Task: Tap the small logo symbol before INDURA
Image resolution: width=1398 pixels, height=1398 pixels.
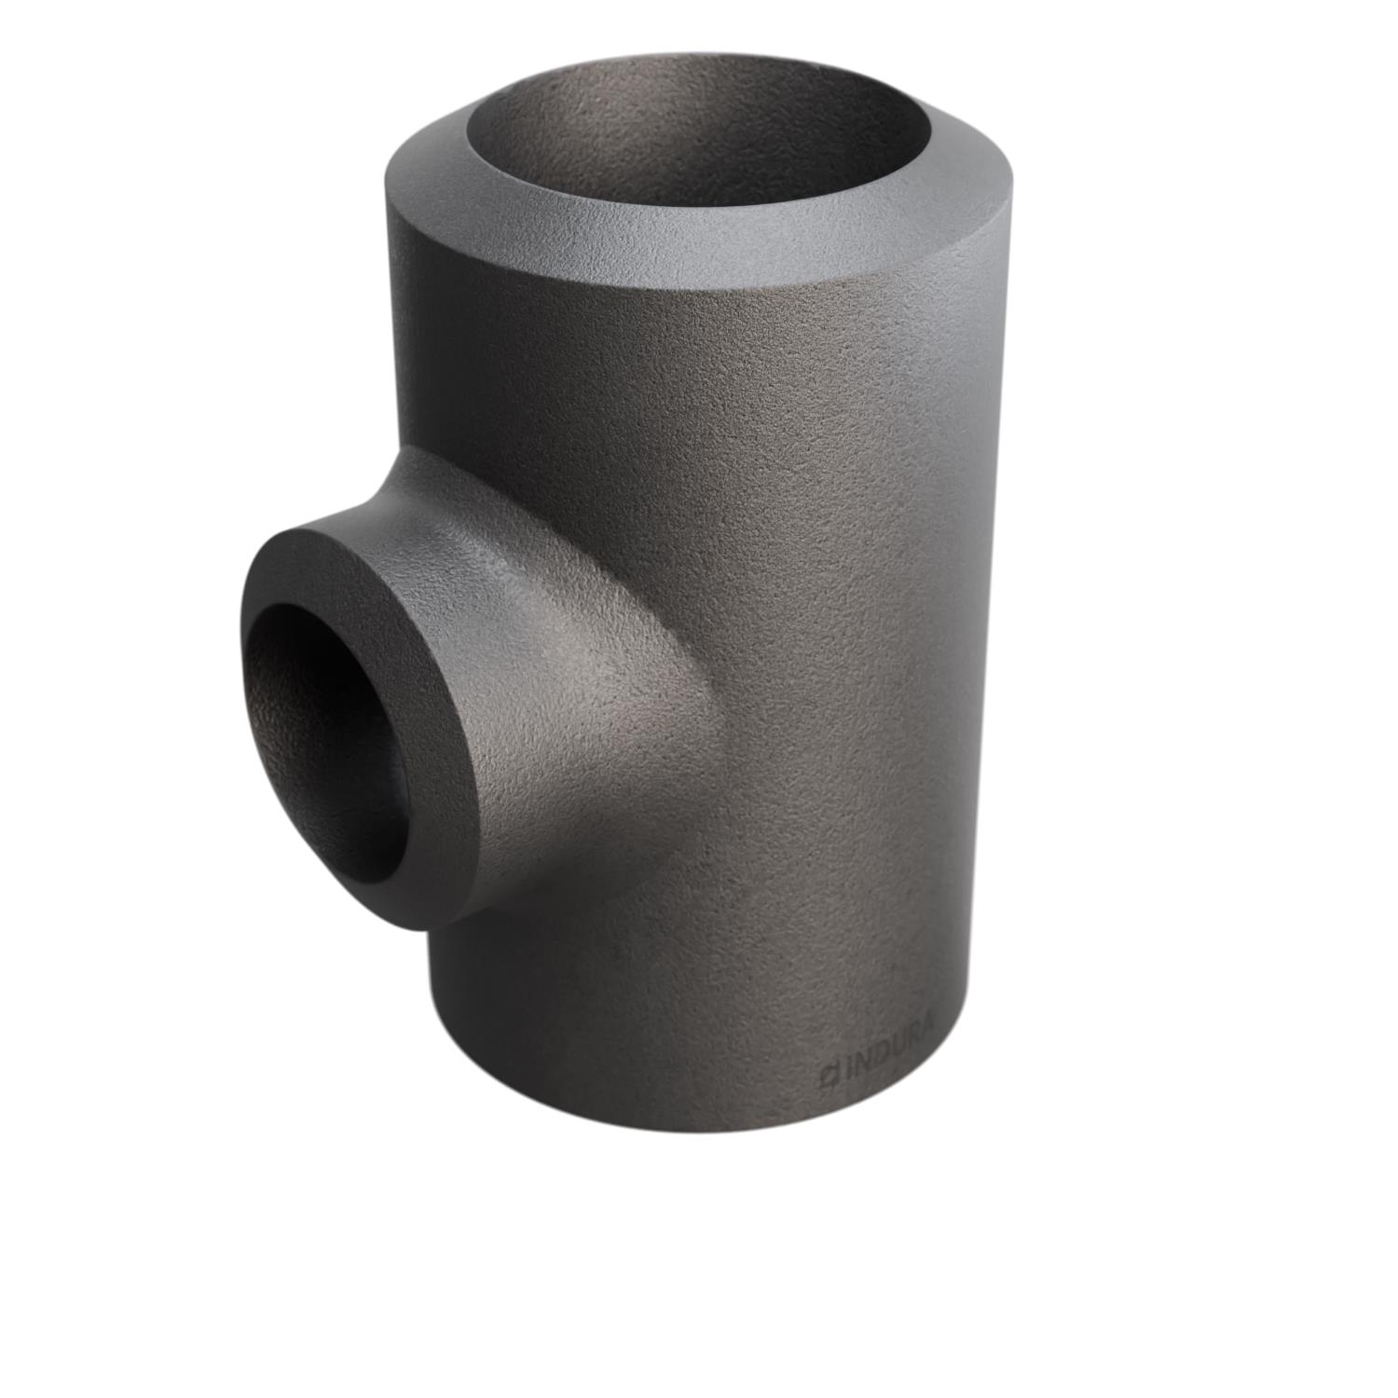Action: click(x=828, y=1075)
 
